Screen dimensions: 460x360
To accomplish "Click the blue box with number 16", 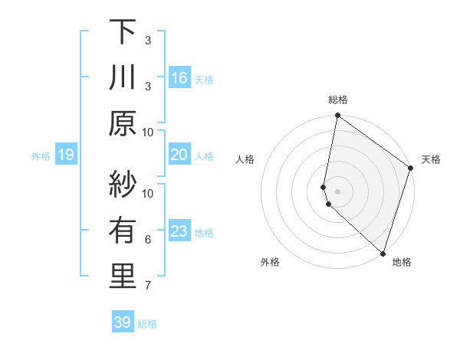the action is (x=179, y=79).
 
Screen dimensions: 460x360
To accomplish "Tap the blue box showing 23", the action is (x=179, y=232).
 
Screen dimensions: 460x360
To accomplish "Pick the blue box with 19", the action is (x=65, y=155).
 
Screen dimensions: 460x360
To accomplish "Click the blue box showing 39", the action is (x=122, y=323).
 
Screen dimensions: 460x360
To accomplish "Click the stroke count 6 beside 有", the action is (x=148, y=240).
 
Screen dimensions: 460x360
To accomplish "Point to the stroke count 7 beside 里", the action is (x=148, y=286).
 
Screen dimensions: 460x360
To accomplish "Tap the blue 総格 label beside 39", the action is (x=147, y=324).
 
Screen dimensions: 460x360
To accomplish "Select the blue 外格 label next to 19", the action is (x=41, y=156).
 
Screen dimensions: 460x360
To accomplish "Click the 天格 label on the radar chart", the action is (x=431, y=159).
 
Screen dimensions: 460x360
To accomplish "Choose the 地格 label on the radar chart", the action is (x=402, y=262).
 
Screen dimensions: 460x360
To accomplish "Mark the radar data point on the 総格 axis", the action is (x=337, y=116).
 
